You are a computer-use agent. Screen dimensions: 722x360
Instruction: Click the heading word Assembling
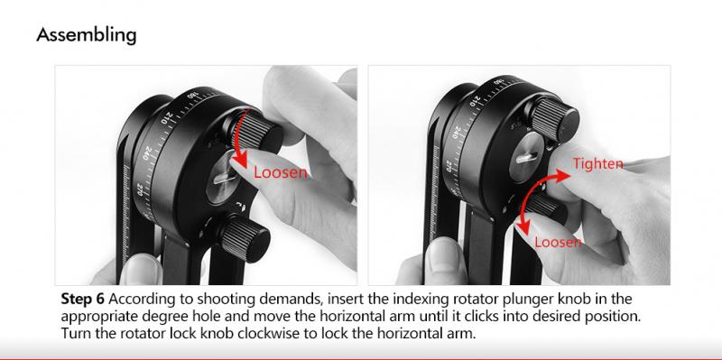pos(87,35)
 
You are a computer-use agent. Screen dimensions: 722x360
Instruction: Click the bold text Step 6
pos(83,300)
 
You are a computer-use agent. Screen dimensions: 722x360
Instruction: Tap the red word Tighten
pos(597,163)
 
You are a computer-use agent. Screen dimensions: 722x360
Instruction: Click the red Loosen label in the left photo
pos(281,172)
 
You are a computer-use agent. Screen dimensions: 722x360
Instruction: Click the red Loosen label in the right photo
pos(558,241)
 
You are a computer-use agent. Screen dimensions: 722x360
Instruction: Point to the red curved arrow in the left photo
pos(242,134)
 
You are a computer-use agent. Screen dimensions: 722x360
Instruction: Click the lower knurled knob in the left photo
pos(243,238)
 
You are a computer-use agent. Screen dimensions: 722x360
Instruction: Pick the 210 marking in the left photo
pos(166,118)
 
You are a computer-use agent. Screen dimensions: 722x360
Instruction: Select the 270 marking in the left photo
pos(140,189)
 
